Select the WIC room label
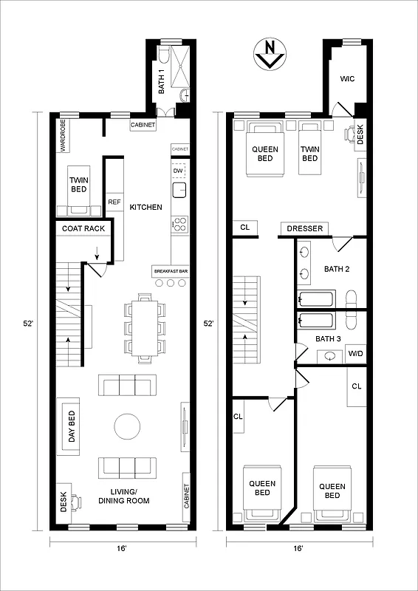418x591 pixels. point(347,78)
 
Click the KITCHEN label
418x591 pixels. point(145,208)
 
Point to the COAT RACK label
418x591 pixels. point(83,229)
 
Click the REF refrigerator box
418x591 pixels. point(114,202)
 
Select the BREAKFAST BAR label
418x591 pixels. point(171,272)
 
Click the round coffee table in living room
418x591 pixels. point(126,426)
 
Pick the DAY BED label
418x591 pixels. point(72,427)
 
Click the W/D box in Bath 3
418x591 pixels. point(355,354)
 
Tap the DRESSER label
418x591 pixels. point(304,229)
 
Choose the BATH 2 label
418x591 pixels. point(336,269)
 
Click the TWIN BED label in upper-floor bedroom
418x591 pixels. point(309,154)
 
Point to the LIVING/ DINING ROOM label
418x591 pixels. point(123,496)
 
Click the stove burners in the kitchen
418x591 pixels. point(179,223)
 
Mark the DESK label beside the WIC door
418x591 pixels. point(360,134)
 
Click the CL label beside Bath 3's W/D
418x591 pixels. point(356,386)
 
